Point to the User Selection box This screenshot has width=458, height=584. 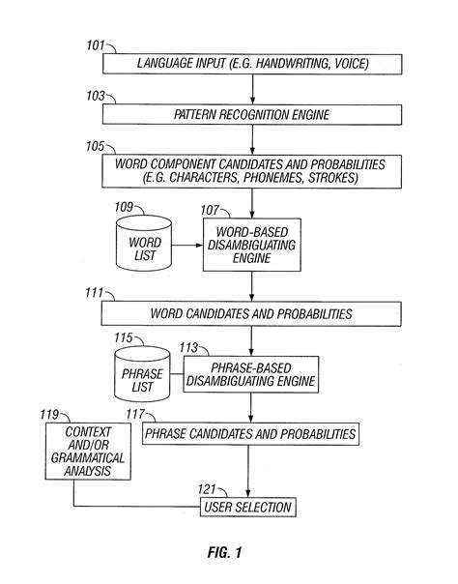tap(246, 507)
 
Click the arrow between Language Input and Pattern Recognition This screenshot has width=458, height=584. tap(253, 88)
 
